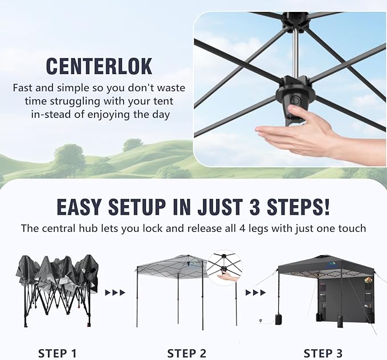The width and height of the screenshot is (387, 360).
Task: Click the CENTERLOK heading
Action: point(99,66)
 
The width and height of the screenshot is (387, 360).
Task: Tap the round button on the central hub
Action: point(295,100)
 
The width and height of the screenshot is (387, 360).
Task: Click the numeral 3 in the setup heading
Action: point(255,207)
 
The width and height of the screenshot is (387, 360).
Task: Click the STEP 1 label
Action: point(57,353)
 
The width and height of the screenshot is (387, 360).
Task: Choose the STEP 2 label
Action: point(186,353)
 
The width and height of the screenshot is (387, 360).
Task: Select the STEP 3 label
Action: point(323,353)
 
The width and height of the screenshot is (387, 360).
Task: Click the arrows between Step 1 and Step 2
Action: point(115,293)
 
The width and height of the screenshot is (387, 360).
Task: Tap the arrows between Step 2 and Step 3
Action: point(256,293)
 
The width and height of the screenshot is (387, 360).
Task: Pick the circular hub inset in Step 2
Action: point(225,269)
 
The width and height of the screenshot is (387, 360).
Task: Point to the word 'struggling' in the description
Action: point(75,101)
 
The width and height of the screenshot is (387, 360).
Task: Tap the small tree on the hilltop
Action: point(133,144)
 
